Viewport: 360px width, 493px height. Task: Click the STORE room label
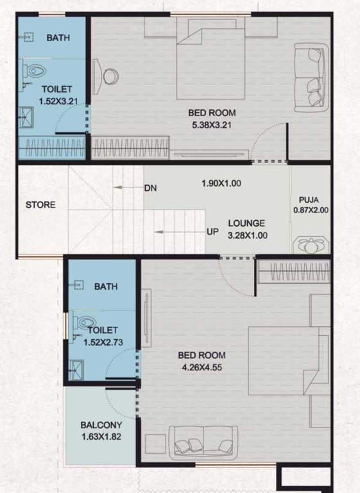pos(40,205)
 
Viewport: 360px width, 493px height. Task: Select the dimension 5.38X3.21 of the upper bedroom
pos(210,125)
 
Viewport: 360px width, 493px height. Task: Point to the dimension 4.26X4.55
pos(202,368)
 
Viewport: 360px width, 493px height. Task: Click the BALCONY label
pos(101,425)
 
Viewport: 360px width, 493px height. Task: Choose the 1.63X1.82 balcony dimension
pos(101,438)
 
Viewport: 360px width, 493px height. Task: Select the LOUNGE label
pos(247,223)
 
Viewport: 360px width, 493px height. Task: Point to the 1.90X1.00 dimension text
pos(220,183)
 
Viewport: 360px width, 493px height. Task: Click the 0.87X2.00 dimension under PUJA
pos(310,210)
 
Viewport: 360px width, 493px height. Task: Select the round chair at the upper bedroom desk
pos(110,76)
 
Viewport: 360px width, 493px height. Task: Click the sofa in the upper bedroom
pos(309,76)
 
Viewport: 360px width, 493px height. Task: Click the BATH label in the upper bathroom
pos(58,38)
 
